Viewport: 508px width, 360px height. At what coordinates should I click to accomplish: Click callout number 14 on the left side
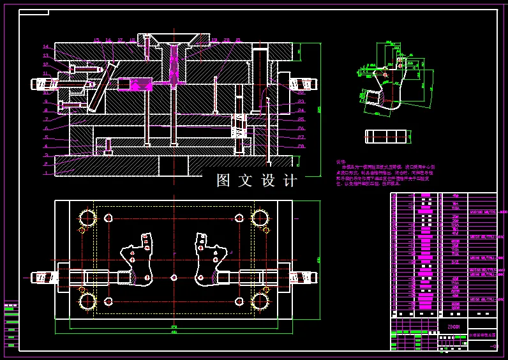(x=46, y=47)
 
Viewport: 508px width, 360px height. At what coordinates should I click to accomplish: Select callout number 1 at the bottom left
(x=46, y=173)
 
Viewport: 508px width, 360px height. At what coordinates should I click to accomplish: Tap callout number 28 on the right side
(x=301, y=146)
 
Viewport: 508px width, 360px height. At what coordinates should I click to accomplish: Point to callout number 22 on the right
(x=301, y=92)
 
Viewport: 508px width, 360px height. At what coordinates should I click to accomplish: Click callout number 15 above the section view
(x=97, y=40)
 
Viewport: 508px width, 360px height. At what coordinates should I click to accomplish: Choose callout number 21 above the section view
(x=238, y=40)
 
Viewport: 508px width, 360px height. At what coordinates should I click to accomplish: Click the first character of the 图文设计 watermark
(x=223, y=181)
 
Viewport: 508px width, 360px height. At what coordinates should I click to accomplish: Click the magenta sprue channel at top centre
(x=174, y=64)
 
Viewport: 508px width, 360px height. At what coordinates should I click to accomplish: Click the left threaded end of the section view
(x=41, y=84)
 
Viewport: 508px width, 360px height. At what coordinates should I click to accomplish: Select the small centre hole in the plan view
(x=174, y=278)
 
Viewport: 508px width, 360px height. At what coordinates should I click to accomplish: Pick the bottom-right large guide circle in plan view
(x=260, y=301)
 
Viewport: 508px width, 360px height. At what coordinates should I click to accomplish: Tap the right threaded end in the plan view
(x=304, y=278)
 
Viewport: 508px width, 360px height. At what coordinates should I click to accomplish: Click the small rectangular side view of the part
(x=385, y=136)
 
